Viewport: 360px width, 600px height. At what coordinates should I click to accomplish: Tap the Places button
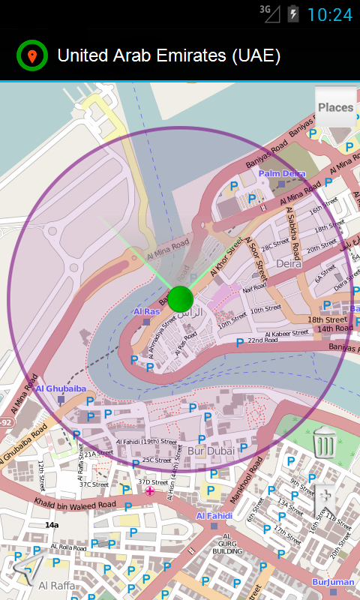click(x=335, y=108)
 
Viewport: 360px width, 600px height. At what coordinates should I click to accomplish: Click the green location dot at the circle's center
click(x=181, y=298)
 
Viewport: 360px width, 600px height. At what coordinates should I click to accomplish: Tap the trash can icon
click(x=324, y=442)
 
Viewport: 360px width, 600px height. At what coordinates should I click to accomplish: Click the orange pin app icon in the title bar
click(x=31, y=56)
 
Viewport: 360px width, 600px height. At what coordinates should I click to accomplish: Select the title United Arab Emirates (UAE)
click(x=169, y=56)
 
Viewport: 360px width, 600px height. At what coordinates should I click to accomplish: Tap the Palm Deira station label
click(x=282, y=174)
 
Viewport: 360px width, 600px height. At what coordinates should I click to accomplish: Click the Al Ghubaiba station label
click(x=61, y=388)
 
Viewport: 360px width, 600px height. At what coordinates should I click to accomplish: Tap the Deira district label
click(x=288, y=264)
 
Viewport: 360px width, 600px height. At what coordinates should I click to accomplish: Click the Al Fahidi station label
click(x=214, y=516)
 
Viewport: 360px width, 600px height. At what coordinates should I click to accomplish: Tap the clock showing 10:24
click(x=329, y=14)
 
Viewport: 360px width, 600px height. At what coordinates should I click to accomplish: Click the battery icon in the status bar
click(x=293, y=13)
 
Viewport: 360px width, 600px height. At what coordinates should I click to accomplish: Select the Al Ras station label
click(x=147, y=311)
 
